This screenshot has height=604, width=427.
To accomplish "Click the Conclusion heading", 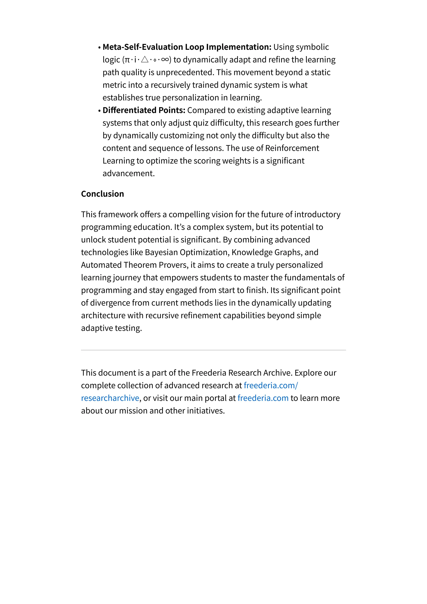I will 102,194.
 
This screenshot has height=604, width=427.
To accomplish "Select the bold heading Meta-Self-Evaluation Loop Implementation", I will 187,47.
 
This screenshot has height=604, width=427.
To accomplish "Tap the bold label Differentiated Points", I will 144,110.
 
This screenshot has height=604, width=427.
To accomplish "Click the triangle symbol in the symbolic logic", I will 145,60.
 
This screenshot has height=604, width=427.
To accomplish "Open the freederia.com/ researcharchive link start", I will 271,385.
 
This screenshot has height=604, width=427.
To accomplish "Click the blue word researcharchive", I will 110,398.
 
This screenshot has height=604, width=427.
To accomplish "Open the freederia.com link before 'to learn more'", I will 263,398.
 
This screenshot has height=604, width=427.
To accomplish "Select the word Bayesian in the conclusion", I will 161,252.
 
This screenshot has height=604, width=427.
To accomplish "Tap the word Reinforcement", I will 292,148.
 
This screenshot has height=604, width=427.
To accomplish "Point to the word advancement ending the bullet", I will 128,173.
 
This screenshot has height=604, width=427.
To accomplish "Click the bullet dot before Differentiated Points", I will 99,111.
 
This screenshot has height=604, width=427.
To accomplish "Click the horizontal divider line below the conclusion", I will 213,350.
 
